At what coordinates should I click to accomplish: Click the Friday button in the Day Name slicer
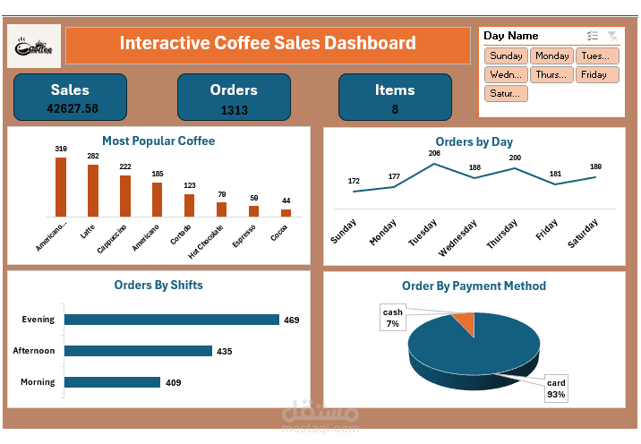[x=594, y=74]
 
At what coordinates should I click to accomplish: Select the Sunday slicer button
[x=506, y=55]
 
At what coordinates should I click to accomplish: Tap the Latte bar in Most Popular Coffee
[x=93, y=190]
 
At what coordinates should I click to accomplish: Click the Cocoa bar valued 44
[x=286, y=212]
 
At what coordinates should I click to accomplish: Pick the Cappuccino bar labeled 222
[x=125, y=195]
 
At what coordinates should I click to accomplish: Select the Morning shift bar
[x=113, y=382]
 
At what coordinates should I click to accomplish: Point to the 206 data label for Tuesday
[x=434, y=153]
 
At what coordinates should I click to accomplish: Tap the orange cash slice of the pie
[x=464, y=322]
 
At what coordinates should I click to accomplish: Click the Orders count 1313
[x=234, y=110]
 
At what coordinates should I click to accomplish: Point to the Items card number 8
[x=395, y=110]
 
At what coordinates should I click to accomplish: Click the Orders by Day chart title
[x=474, y=141]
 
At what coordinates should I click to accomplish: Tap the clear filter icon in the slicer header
[x=612, y=36]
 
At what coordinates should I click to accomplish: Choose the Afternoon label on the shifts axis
[x=33, y=351]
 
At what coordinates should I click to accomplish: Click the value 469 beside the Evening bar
[x=291, y=320]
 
